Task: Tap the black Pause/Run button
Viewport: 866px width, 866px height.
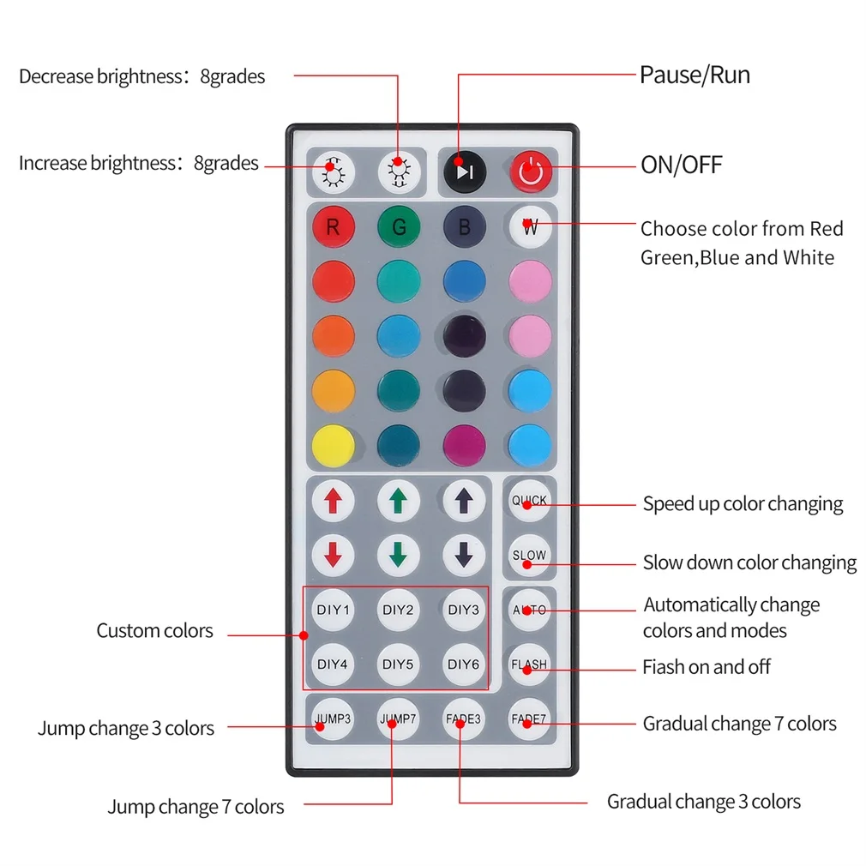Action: pos(464,171)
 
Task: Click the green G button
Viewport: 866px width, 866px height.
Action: pos(399,227)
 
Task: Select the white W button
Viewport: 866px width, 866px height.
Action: pos(530,227)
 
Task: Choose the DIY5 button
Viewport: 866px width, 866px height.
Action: pos(399,664)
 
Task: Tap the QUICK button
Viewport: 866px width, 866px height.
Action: pos(529,501)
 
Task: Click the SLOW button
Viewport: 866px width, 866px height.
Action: pos(529,556)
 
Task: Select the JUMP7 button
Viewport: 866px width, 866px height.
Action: pos(399,719)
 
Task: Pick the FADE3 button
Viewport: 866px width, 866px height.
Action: pos(464,719)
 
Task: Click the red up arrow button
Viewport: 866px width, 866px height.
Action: pos(333,501)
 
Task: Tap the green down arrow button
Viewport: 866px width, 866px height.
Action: pos(399,556)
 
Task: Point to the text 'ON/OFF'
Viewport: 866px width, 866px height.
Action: pos(682,165)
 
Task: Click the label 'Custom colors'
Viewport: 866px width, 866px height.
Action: pos(154,631)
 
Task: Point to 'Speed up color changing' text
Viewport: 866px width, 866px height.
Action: pos(743,504)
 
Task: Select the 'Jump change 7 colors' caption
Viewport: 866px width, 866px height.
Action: pos(195,807)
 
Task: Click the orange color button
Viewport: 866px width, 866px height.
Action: pos(333,336)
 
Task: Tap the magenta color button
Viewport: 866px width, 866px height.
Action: pos(464,445)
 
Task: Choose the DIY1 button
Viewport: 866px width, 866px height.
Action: pos(333,610)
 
